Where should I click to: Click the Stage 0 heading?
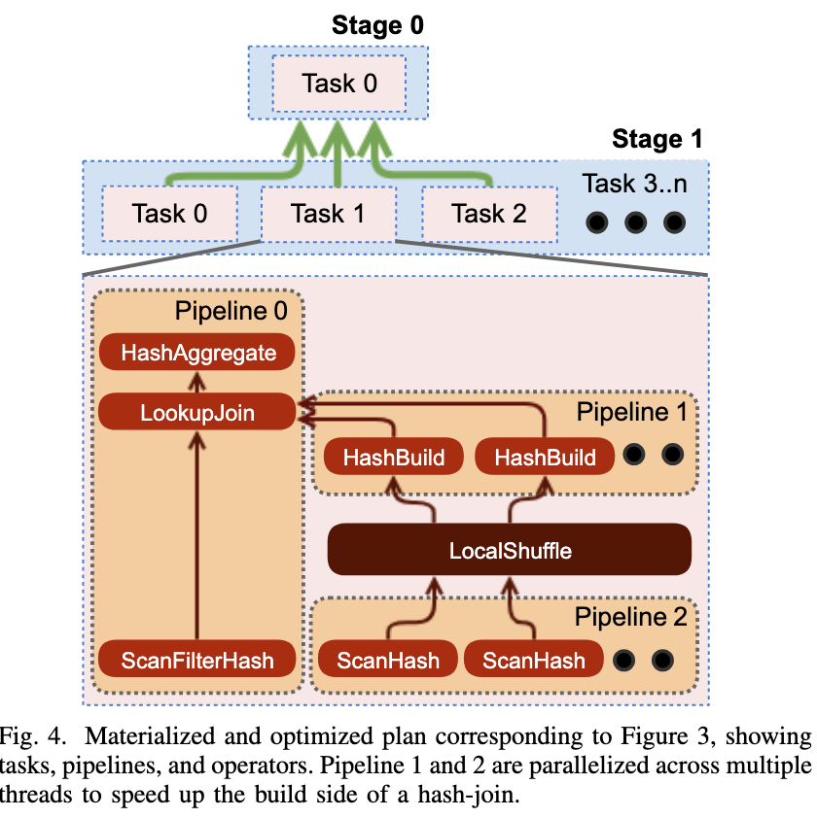click(x=377, y=25)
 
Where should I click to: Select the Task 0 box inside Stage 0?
click(x=339, y=84)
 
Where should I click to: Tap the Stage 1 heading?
click(x=657, y=139)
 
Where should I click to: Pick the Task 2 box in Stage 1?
click(x=489, y=214)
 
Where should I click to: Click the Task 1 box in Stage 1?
click(x=328, y=214)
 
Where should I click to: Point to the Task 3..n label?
click(x=635, y=184)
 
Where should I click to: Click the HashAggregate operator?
click(x=196, y=352)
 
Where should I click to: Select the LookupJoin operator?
click(x=196, y=412)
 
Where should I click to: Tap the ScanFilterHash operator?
click(x=196, y=660)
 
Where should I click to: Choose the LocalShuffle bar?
click(x=510, y=550)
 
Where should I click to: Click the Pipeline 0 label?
click(x=231, y=311)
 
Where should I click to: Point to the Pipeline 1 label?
click(x=631, y=412)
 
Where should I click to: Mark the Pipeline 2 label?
click(x=630, y=617)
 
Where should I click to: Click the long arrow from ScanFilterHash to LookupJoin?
click(x=196, y=535)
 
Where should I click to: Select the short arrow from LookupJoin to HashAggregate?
click(x=196, y=382)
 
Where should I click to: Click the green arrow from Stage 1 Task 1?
click(x=337, y=153)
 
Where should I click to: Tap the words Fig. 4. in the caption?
click(x=32, y=736)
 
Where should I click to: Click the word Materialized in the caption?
click(x=150, y=736)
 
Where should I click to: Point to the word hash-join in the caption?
click(x=468, y=795)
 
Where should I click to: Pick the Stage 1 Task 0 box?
click(x=170, y=214)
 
